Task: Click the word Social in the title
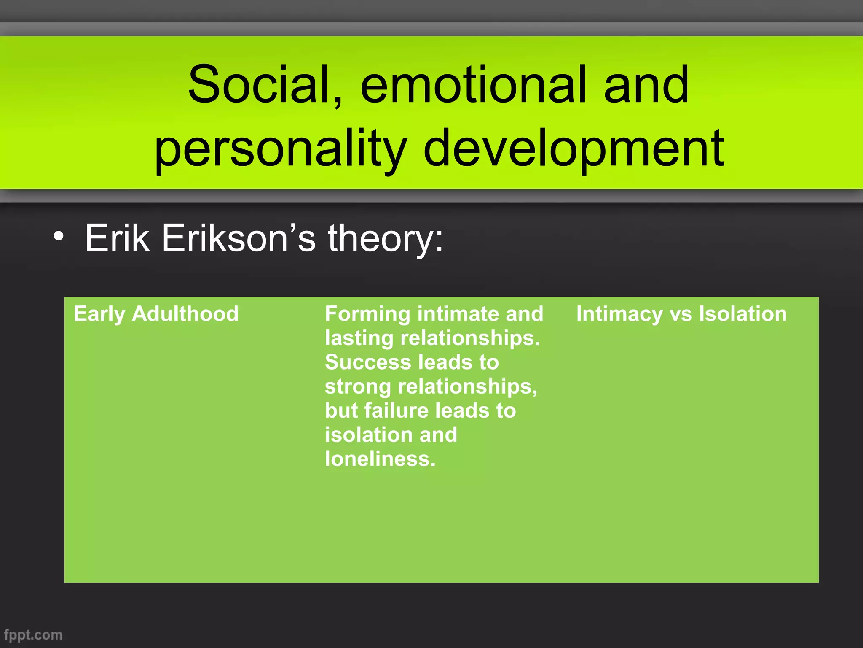[258, 85]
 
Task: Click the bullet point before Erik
[59, 237]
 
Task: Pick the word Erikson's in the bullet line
[238, 238]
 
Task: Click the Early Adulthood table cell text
[156, 314]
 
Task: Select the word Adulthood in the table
[185, 314]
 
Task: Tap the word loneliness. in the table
[380, 459]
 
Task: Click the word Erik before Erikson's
[117, 238]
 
